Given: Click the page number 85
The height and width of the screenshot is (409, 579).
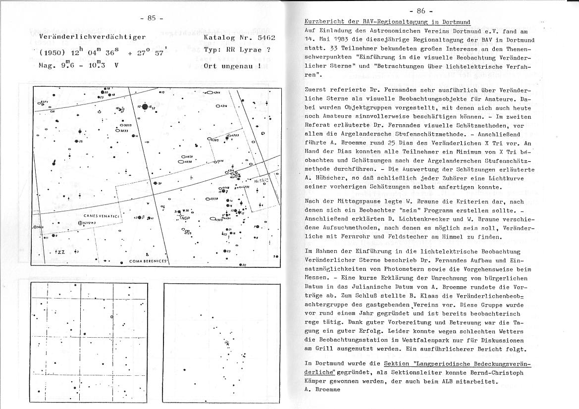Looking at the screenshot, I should (x=152, y=18).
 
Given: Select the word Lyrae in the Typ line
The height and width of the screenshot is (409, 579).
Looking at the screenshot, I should (x=250, y=50).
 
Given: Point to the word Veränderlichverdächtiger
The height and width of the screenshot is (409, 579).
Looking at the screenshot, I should (x=92, y=37).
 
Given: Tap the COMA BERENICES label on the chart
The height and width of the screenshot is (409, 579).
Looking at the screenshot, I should (x=149, y=261).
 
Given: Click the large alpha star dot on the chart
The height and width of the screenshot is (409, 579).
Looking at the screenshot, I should (x=145, y=106).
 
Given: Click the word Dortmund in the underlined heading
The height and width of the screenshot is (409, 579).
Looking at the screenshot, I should (x=453, y=22).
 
